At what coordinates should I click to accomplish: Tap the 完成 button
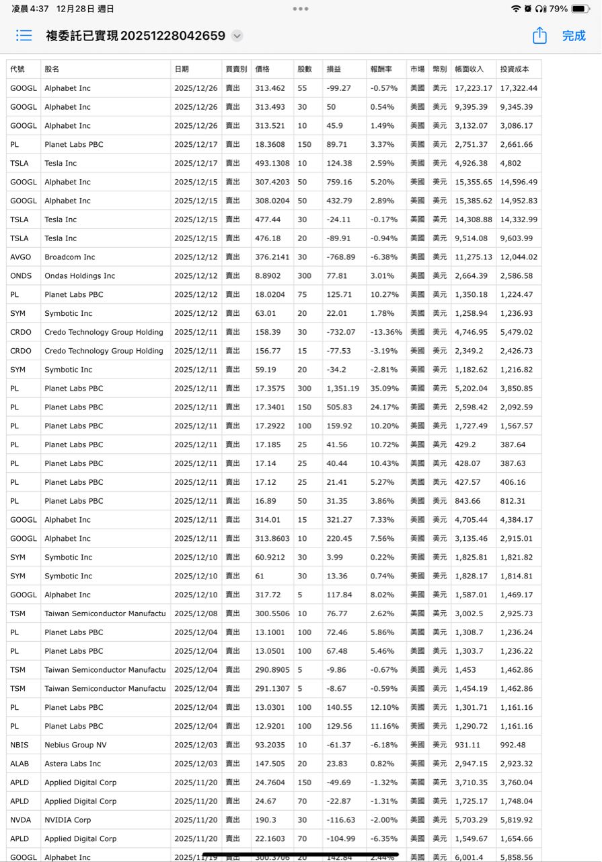pyautogui.click(x=574, y=36)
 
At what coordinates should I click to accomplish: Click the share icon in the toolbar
pyautogui.click(x=539, y=36)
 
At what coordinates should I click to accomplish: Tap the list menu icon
pyautogui.click(x=24, y=36)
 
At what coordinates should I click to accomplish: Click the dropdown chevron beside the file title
pyautogui.click(x=237, y=36)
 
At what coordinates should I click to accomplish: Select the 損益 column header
pyautogui.click(x=334, y=69)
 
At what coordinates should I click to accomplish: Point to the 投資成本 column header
pyautogui.click(x=515, y=69)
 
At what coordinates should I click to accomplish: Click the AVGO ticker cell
pyautogui.click(x=21, y=257)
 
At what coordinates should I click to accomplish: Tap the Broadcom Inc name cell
pyautogui.click(x=70, y=257)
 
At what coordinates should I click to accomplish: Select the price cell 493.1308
pyautogui.click(x=272, y=163)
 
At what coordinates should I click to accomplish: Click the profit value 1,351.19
pyautogui.click(x=343, y=389)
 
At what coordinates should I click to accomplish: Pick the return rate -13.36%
pyautogui.click(x=386, y=332)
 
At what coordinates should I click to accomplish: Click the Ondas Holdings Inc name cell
pyautogui.click(x=80, y=276)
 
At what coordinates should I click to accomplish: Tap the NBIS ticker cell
pyautogui.click(x=20, y=745)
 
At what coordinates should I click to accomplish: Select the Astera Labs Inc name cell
pyautogui.click(x=73, y=764)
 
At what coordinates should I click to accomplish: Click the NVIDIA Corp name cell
pyautogui.click(x=68, y=820)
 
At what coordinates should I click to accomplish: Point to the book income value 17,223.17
pyautogui.click(x=474, y=88)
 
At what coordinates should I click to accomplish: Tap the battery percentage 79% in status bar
pyautogui.click(x=558, y=9)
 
